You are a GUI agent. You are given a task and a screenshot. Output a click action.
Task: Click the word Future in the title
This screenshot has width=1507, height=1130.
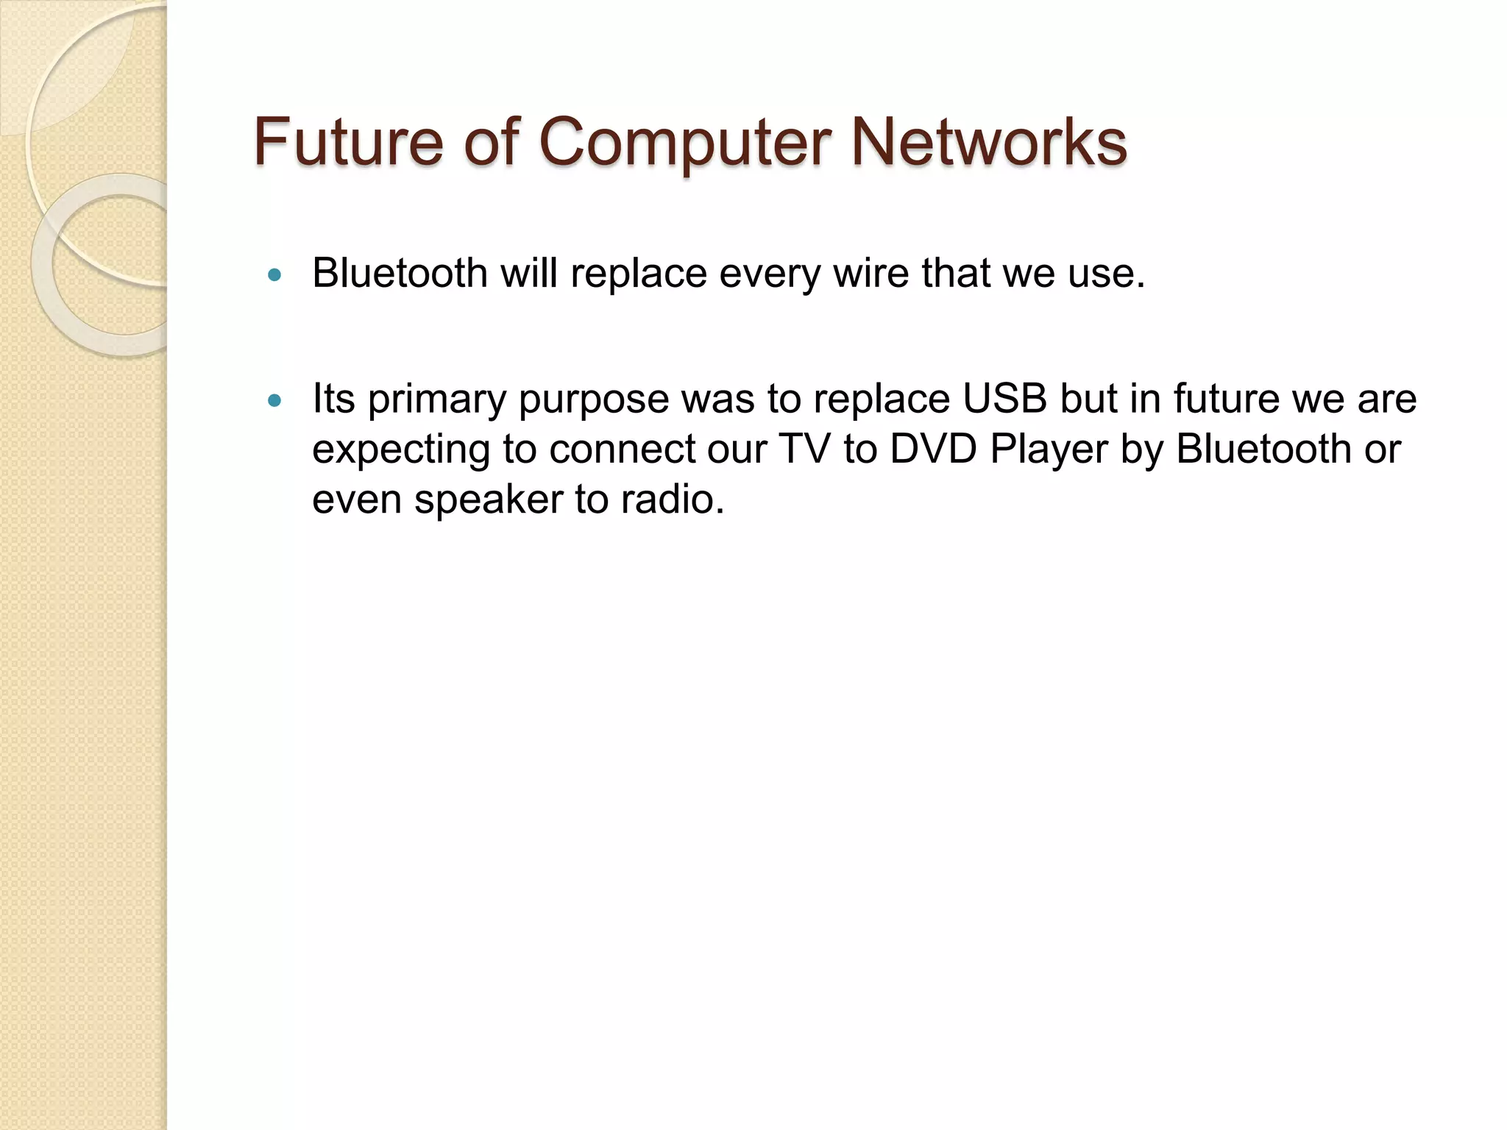tap(348, 141)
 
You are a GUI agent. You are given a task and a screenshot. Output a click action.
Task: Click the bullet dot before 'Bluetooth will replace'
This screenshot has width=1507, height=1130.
tap(275, 276)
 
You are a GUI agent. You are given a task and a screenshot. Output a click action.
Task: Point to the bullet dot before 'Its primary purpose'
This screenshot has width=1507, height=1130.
tap(275, 401)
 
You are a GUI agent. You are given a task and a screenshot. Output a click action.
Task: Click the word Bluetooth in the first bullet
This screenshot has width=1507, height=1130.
tap(400, 273)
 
